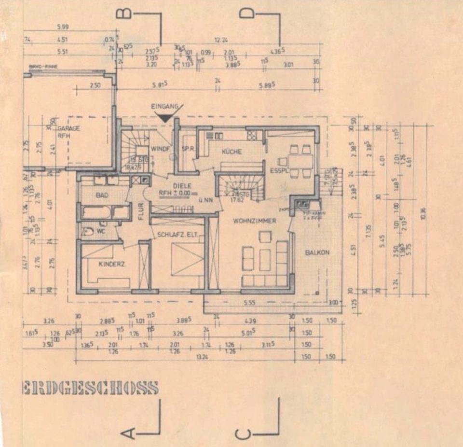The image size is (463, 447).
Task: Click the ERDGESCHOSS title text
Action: coord(90,388)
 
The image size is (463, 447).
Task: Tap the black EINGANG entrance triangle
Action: coord(165,116)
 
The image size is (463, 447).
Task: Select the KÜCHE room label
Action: coord(231,152)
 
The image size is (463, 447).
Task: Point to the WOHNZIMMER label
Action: coord(254,221)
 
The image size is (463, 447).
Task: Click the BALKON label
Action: coord(316,252)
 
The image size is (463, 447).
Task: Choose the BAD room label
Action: coord(102,195)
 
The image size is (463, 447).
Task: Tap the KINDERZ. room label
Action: coord(112,265)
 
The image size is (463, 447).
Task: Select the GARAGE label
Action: coord(68,129)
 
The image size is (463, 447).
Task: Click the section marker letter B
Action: coord(124,14)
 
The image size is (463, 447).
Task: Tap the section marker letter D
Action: coord(246,14)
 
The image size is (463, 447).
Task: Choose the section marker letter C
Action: coord(244,434)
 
